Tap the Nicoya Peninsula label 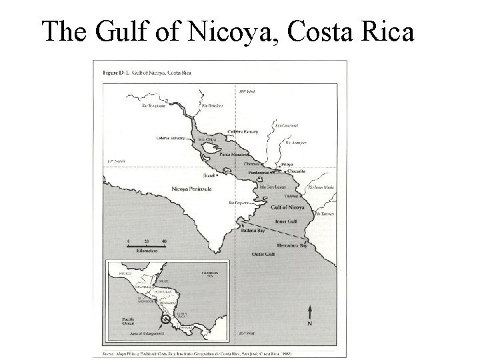tap(192, 189)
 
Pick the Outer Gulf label tap(263, 253)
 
